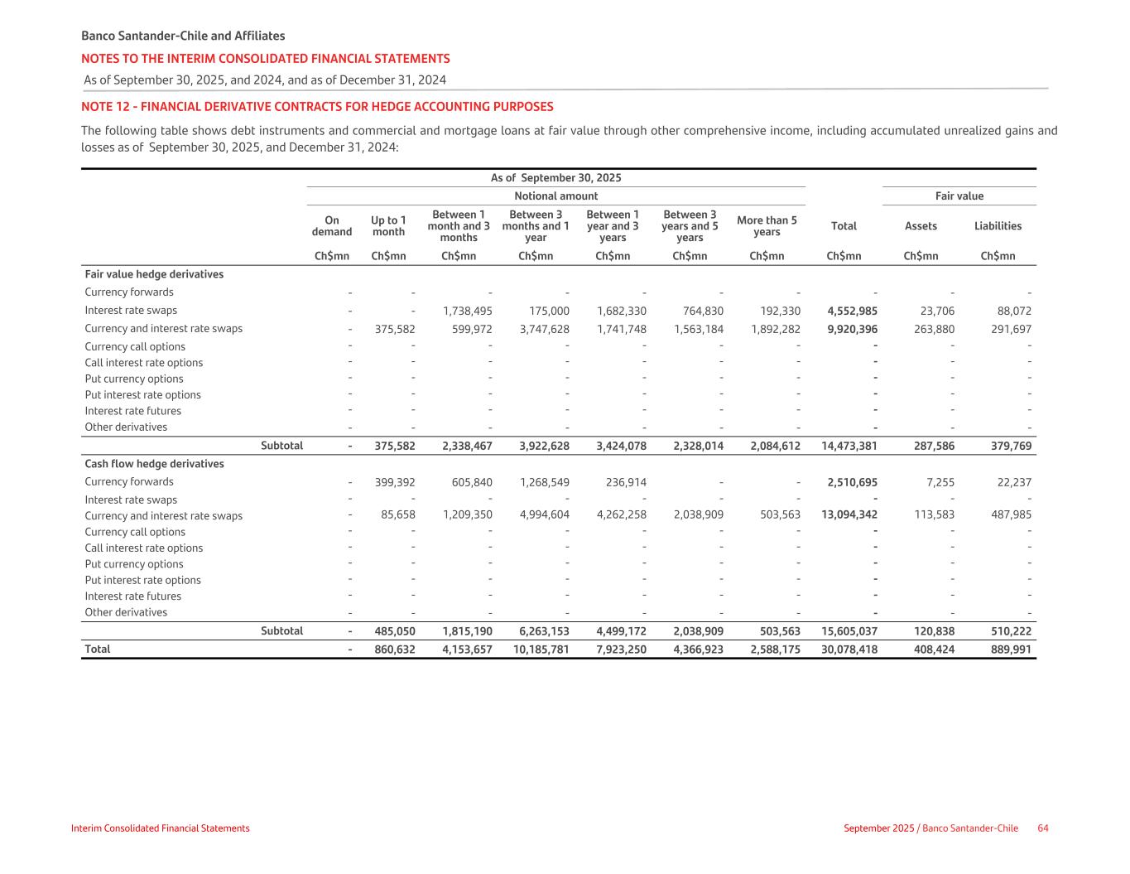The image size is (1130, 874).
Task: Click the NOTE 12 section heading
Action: tap(317, 107)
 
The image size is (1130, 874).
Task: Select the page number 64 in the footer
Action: tap(1043, 828)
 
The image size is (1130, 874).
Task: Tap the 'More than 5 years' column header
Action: tap(767, 226)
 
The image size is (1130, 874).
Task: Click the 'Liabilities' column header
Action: tap(998, 226)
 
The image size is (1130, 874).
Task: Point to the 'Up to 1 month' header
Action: tap(388, 226)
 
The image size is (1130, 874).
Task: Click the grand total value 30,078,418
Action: tap(849, 649)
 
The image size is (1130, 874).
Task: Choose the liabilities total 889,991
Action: tap(1011, 649)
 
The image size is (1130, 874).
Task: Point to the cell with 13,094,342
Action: tap(849, 515)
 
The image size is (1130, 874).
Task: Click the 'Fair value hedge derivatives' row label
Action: tap(154, 274)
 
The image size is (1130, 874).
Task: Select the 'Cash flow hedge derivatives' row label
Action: tap(154, 464)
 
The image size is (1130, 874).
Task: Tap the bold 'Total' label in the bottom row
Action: tap(98, 649)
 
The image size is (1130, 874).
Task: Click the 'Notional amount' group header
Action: tap(555, 196)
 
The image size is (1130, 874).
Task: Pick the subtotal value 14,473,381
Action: tap(849, 446)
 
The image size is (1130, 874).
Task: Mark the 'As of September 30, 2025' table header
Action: tap(555, 178)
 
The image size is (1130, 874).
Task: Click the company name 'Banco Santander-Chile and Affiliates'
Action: tap(183, 36)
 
